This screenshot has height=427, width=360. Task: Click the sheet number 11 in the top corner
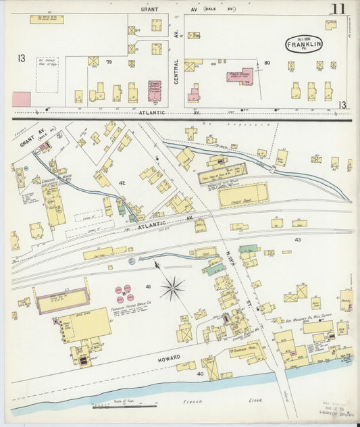tap(338, 9)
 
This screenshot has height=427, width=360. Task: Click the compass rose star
tap(173, 289)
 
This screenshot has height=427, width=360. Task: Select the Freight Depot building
tap(244, 196)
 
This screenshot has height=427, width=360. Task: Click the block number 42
tap(123, 182)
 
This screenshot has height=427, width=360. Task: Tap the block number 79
tap(108, 64)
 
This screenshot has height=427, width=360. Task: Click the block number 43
tap(298, 239)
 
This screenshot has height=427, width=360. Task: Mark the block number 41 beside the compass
tap(147, 288)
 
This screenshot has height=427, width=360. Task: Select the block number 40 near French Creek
tap(200, 374)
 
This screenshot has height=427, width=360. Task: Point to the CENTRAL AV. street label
tap(176, 65)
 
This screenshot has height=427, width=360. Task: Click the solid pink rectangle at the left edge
tap(21, 99)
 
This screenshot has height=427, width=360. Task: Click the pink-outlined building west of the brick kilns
tap(62, 300)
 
